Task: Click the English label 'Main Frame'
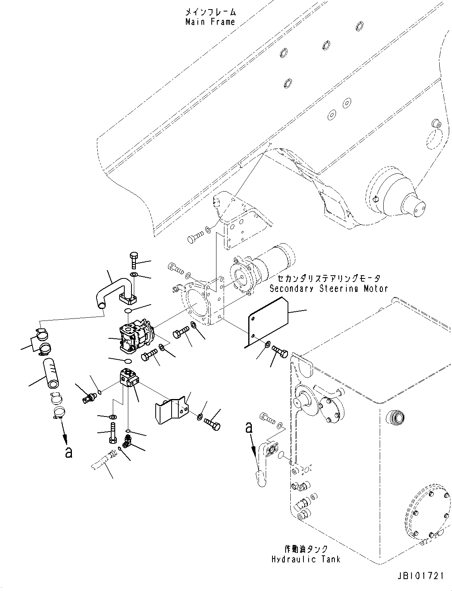(210, 22)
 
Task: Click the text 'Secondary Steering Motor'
(328, 289)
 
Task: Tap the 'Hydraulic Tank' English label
(305, 559)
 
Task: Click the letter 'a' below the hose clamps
(68, 452)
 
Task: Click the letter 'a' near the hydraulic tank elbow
(249, 428)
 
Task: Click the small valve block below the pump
(128, 378)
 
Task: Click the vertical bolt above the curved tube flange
(134, 260)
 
